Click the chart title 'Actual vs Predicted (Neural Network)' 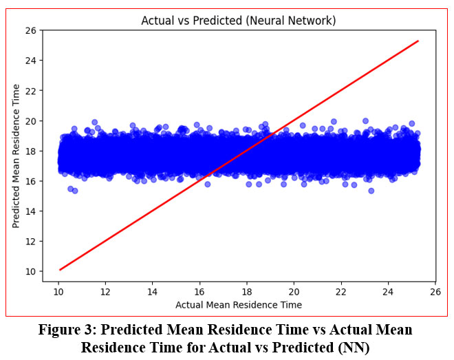pyautogui.click(x=239, y=21)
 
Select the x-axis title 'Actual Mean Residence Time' pyautogui.click(x=239, y=304)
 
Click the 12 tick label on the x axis pyautogui.click(x=105, y=291)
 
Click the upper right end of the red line pyautogui.click(x=418, y=41)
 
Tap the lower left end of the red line pyautogui.click(x=60, y=269)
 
